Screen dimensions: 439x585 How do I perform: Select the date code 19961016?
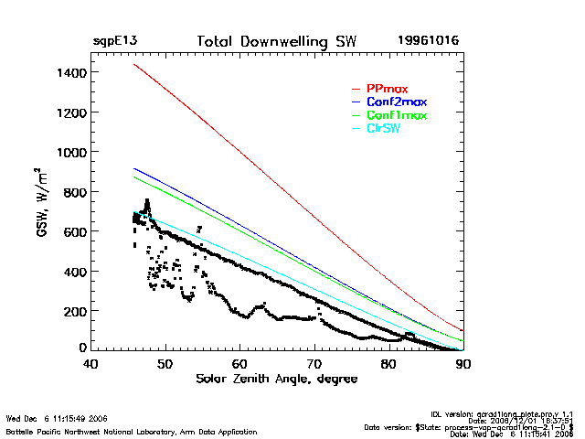[x=428, y=41]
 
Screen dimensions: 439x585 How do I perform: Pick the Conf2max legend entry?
[x=395, y=102]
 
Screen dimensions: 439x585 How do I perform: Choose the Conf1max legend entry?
[x=395, y=115]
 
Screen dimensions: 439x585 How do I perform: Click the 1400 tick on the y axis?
[x=69, y=72]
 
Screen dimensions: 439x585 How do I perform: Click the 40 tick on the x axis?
[x=90, y=364]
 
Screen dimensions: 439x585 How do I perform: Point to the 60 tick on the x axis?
[x=239, y=364]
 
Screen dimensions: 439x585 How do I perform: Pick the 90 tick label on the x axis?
[x=463, y=364]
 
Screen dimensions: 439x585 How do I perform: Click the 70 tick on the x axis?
[x=314, y=364]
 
